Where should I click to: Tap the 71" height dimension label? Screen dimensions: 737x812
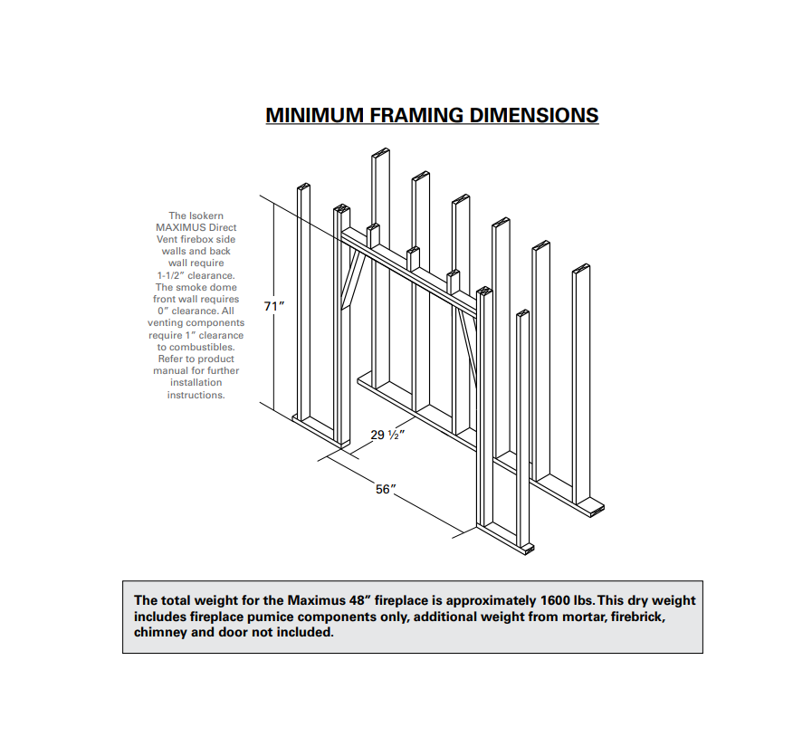click(274, 306)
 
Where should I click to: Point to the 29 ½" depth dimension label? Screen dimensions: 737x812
click(387, 435)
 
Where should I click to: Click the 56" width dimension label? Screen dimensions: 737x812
click(387, 489)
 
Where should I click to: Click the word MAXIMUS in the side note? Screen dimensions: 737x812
click(181, 227)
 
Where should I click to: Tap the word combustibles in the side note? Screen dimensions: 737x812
click(202, 347)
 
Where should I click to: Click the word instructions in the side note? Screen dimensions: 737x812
click(195, 395)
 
